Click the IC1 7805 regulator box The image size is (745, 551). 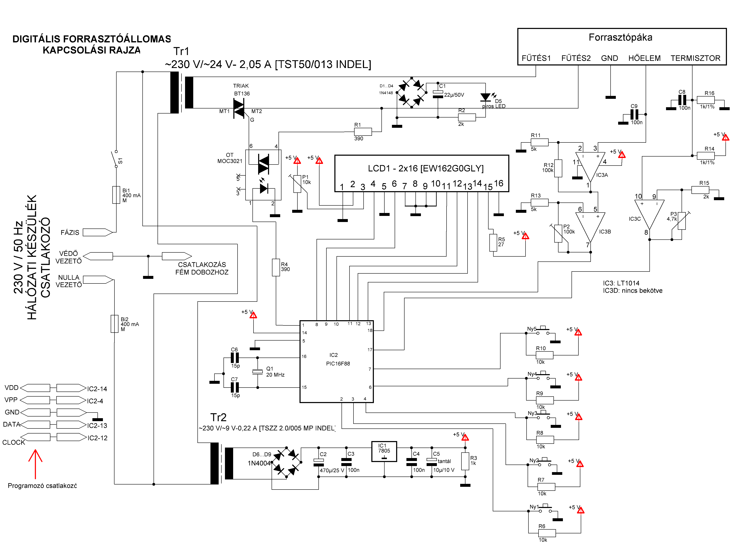click(384, 452)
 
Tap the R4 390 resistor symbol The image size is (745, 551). click(276, 268)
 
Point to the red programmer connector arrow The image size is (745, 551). click(35, 464)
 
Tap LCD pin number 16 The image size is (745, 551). click(498, 183)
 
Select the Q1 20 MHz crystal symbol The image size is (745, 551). click(257, 372)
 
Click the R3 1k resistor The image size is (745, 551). click(465, 461)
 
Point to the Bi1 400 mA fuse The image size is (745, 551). click(116, 195)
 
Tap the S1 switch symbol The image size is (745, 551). click(115, 159)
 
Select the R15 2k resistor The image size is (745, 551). click(700, 190)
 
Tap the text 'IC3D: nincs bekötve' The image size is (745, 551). click(632, 291)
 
